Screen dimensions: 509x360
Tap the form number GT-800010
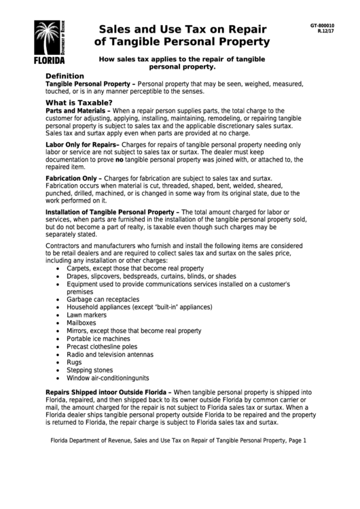(322, 25)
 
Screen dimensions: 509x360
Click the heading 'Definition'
(65, 75)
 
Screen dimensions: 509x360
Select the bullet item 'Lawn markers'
(87, 315)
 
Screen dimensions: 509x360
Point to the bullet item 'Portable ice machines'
(98, 338)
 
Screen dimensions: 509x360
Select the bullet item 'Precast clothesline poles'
(102, 347)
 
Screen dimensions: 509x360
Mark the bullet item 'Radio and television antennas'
(110, 354)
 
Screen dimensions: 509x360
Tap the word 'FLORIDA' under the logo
(50, 60)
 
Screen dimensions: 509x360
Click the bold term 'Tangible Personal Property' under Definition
(88, 83)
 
